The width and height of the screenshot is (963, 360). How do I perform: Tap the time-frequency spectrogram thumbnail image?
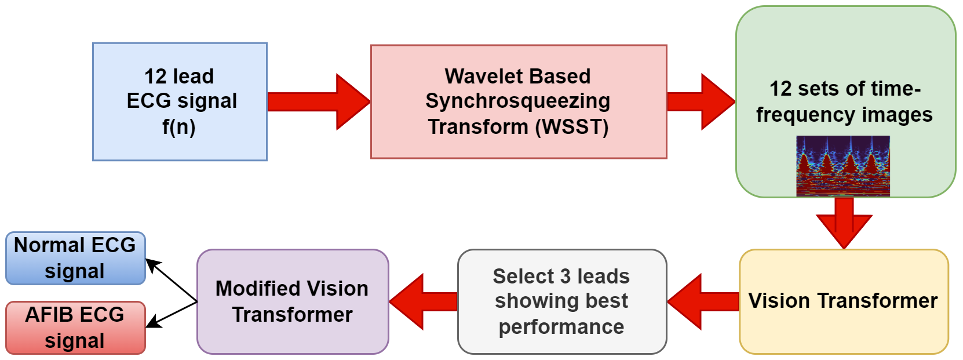click(842, 166)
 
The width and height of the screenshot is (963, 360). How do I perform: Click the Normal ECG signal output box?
click(75, 258)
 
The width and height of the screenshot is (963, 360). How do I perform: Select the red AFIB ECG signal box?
click(75, 328)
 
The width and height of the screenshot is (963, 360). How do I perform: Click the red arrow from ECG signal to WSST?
click(319, 101)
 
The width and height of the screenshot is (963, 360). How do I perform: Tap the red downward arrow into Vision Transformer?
click(844, 223)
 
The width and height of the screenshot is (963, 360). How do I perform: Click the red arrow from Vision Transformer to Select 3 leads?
click(703, 301)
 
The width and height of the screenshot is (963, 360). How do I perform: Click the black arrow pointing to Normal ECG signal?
click(171, 279)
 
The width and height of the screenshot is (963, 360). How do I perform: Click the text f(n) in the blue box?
click(179, 126)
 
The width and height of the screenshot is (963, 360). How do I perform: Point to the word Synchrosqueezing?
click(517, 101)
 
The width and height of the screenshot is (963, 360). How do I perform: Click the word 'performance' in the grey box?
click(561, 327)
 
